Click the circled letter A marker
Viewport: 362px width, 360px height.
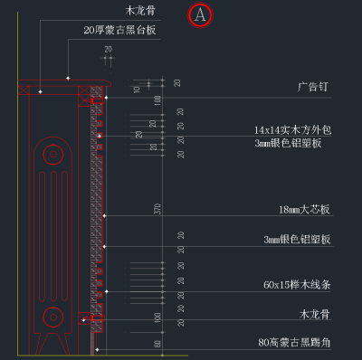(200, 14)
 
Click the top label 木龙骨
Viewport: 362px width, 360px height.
(141, 11)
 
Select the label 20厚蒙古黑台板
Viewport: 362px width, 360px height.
(119, 30)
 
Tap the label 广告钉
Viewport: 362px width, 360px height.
(314, 88)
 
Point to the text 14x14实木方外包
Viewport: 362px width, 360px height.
(292, 129)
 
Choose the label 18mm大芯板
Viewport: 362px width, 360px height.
(304, 210)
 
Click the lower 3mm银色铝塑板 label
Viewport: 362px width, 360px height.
(297, 240)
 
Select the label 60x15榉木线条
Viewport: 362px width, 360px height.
(297, 285)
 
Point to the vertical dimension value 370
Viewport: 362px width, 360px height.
(157, 209)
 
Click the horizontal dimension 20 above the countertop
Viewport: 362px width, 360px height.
(108, 49)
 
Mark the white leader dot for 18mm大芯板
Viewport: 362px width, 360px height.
(106, 215)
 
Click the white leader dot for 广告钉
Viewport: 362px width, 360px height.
(106, 97)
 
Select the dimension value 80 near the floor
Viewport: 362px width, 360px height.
(157, 344)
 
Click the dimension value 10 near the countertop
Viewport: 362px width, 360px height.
(137, 89)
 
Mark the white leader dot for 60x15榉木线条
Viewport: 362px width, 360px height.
(106, 291)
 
